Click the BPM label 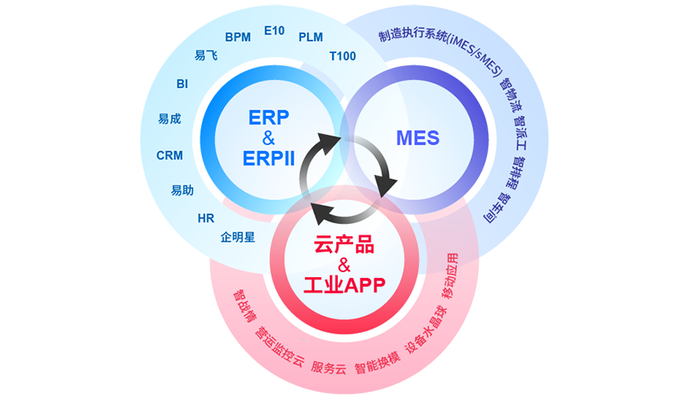pyautogui.click(x=238, y=38)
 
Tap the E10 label pyautogui.click(x=274, y=31)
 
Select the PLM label pyautogui.click(x=311, y=38)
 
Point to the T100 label pyautogui.click(x=343, y=56)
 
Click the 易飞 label pyautogui.click(x=206, y=56)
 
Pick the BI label pyautogui.click(x=182, y=84)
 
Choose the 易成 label pyautogui.click(x=170, y=119)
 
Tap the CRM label pyautogui.click(x=169, y=155)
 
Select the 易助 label pyautogui.click(x=182, y=190)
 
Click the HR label pyautogui.click(x=206, y=218)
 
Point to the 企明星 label pyautogui.click(x=238, y=238)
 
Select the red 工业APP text pyautogui.click(x=344, y=285)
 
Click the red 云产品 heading pyautogui.click(x=344, y=244)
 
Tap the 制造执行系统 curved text pyautogui.click(x=413, y=37)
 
